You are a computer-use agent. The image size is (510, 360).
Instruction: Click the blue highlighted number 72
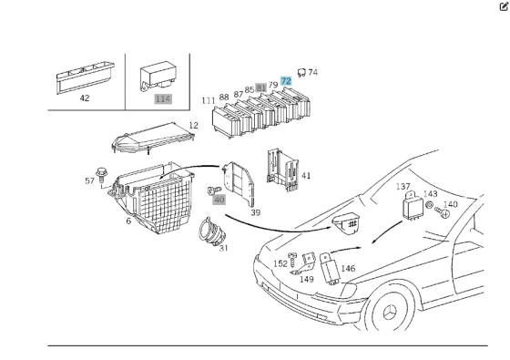click(x=286, y=81)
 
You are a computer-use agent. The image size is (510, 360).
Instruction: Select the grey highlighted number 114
click(x=163, y=99)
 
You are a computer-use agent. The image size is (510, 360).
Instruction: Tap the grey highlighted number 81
click(x=260, y=87)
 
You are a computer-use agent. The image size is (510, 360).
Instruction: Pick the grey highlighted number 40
click(x=219, y=200)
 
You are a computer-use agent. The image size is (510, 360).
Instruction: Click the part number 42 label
click(x=85, y=98)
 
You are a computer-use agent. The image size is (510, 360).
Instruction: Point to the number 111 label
click(x=209, y=101)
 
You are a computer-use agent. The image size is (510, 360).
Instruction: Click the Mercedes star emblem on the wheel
click(x=390, y=313)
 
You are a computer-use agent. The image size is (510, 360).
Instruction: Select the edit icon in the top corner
click(x=504, y=6)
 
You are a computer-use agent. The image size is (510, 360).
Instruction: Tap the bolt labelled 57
click(x=101, y=175)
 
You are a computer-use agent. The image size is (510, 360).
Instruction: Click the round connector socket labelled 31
click(x=211, y=231)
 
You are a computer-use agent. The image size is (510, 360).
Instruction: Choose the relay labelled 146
click(x=330, y=269)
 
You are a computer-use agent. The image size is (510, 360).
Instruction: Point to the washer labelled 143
click(x=429, y=205)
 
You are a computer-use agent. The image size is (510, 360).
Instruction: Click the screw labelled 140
click(x=443, y=212)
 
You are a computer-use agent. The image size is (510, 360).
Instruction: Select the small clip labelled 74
click(x=301, y=73)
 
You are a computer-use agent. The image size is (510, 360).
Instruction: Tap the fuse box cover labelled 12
click(x=153, y=139)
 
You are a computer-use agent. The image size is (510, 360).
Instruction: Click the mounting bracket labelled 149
click(x=304, y=264)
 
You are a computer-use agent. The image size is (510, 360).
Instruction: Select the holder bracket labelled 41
click(x=282, y=170)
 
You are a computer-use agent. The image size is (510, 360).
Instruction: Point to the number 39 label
click(x=256, y=212)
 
